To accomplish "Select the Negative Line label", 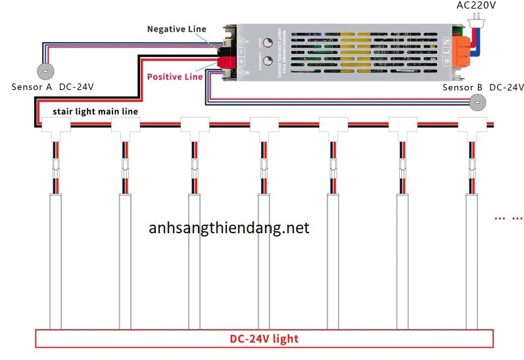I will point(176,29).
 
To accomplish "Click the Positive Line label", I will point(174,77).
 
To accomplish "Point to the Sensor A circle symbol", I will point(45,70).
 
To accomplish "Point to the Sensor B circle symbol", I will point(478,101).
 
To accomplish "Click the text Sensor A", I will point(32,87).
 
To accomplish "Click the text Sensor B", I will point(462,87).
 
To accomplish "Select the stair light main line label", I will point(95,112).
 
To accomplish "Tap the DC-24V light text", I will point(264,339).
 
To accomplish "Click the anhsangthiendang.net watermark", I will point(229,229).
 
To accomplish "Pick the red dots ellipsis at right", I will point(508,217).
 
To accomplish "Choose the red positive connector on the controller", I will point(227,62).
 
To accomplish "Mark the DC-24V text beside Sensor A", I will point(76,87).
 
